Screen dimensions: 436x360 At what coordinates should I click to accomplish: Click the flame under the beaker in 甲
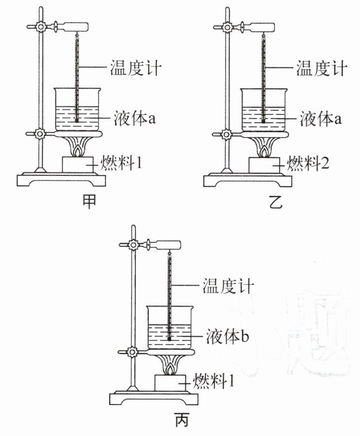point(78,151)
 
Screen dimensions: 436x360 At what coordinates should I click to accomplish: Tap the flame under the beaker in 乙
point(264,151)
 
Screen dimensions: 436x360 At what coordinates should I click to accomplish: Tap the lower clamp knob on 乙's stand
point(227,134)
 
